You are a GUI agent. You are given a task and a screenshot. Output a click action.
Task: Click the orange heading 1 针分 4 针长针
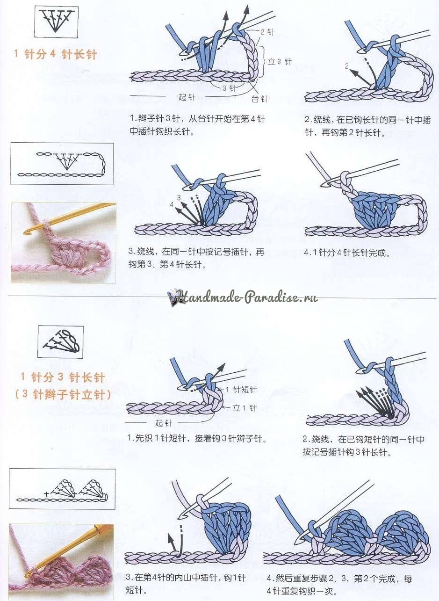click(x=55, y=55)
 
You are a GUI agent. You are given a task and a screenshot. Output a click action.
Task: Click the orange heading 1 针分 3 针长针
click(x=63, y=378)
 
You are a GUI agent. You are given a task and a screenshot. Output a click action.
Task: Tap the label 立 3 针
click(x=280, y=62)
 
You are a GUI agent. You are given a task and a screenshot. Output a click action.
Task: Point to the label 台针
click(x=259, y=99)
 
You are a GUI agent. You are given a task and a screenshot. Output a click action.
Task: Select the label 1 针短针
click(x=241, y=389)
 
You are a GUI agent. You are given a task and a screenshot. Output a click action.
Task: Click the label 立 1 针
click(x=245, y=408)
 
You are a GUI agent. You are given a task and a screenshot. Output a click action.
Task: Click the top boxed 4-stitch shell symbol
click(x=56, y=21)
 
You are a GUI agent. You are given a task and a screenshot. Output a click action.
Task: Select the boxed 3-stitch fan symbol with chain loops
click(x=61, y=342)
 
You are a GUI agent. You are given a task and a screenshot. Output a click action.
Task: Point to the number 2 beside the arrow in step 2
click(x=347, y=66)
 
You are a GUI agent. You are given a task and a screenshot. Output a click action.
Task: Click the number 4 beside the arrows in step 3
click(x=172, y=205)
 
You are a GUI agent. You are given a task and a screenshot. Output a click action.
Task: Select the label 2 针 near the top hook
click(x=267, y=32)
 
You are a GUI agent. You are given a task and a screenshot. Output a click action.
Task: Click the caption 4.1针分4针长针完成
click(x=347, y=253)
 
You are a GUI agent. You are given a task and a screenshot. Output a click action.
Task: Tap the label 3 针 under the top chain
click(x=229, y=88)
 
